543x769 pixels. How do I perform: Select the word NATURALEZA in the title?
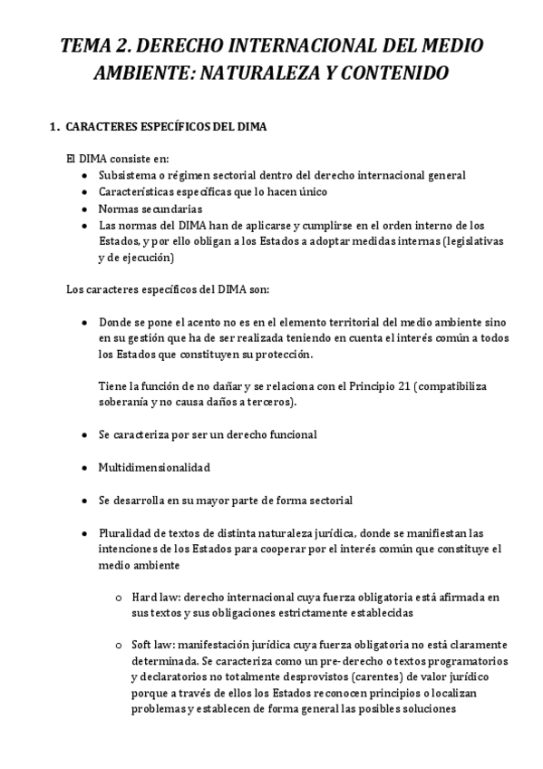(296, 73)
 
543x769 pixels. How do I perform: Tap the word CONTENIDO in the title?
(403, 73)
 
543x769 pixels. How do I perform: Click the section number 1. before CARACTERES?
(53, 127)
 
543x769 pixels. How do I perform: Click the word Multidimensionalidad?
(154, 467)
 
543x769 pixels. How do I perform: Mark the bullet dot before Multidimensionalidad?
(84, 467)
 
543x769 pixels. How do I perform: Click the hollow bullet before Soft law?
(119, 645)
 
